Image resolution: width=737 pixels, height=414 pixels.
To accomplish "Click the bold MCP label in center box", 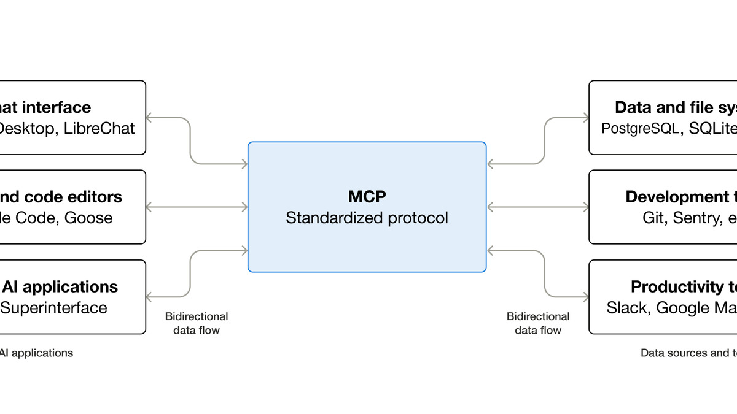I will (x=367, y=197).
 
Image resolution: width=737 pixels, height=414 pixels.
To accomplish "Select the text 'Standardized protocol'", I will (x=367, y=218).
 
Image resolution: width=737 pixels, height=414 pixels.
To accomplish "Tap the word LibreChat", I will (x=99, y=129).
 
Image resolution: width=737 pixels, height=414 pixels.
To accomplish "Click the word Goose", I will (x=88, y=218).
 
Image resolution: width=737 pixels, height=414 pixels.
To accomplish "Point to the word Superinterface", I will (x=53, y=307).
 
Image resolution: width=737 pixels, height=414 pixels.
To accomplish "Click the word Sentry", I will (x=695, y=218).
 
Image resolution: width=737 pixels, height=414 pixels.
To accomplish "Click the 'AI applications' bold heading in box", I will (x=60, y=286).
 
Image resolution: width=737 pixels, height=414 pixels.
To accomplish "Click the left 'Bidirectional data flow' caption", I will (x=197, y=323).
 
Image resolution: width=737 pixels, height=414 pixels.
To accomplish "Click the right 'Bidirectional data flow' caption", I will (x=538, y=323).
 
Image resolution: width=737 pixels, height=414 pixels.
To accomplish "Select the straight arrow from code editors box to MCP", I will (x=197, y=207).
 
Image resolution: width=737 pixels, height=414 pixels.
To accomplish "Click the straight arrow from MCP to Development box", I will (x=538, y=207).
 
